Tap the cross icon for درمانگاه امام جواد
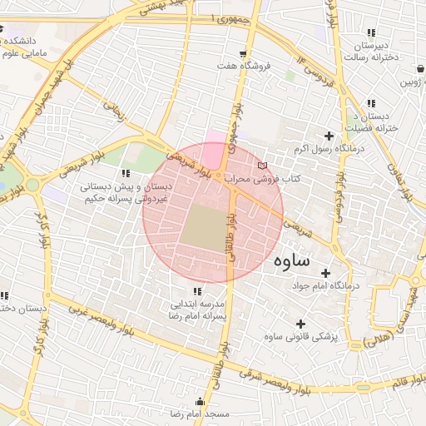325,273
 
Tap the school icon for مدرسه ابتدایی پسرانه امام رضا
197,291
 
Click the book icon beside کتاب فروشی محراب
264,166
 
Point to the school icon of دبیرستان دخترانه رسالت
371,33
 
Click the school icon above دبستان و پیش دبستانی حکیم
126,173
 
